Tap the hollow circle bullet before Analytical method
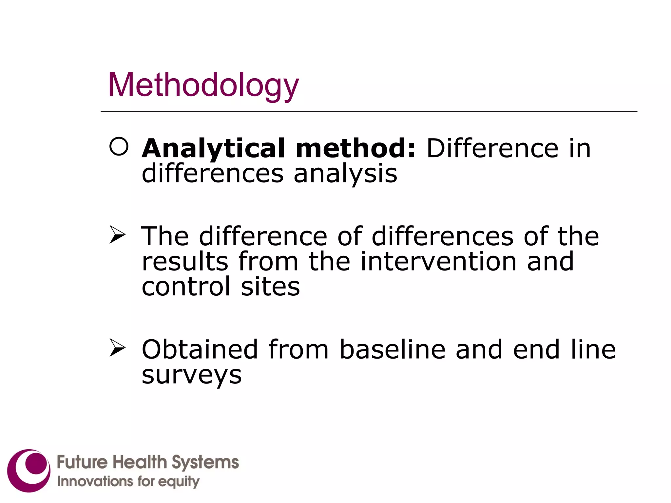point(119,146)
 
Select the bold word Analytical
point(213,149)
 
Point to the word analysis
point(345,174)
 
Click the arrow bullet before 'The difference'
point(117,234)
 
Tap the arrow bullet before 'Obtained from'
point(117,347)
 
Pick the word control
point(186,286)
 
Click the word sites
point(270,286)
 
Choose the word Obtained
point(200,349)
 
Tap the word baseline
point(393,349)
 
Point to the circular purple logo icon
point(29,470)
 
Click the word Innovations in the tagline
point(95,481)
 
